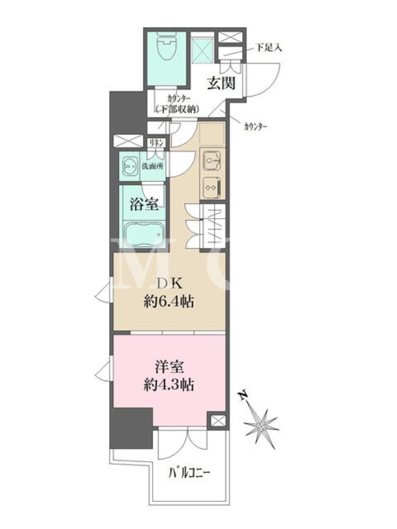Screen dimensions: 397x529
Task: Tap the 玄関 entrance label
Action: pyautogui.click(x=221, y=83)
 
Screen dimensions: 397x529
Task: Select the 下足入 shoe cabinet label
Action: pyautogui.click(x=269, y=48)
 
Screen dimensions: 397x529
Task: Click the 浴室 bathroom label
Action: pyautogui.click(x=144, y=204)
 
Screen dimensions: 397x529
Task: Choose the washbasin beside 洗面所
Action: pyautogui.click(x=130, y=166)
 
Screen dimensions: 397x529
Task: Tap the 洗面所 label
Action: pyautogui.click(x=152, y=167)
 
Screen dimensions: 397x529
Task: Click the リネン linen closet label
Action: pyautogui.click(x=156, y=143)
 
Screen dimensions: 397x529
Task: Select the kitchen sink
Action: pyautogui.click(x=211, y=161)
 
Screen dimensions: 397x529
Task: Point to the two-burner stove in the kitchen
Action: pyautogui.click(x=212, y=188)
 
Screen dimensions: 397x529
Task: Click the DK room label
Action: pyautogui.click(x=170, y=284)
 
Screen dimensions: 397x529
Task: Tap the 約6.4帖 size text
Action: pyautogui.click(x=169, y=302)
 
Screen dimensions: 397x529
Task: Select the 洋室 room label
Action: pyautogui.click(x=169, y=368)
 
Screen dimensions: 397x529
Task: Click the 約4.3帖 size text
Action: pyautogui.click(x=169, y=385)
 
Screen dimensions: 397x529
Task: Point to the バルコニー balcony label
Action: pyautogui.click(x=189, y=473)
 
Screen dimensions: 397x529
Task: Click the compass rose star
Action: pyautogui.click(x=261, y=427)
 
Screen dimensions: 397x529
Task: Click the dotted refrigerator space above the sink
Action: pyautogui.click(x=212, y=133)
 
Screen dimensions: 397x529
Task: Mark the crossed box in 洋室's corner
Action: pyautogui.click(x=217, y=421)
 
